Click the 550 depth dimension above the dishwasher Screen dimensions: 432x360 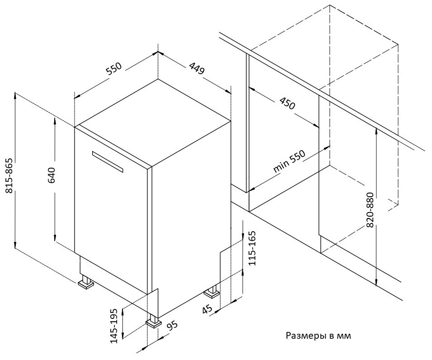[114, 69]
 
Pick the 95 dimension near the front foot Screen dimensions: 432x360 [171, 327]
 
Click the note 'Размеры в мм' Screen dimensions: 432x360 [318, 336]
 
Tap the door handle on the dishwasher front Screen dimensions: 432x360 [107, 161]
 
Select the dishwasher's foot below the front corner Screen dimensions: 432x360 [153, 321]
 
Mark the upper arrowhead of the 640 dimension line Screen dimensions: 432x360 [55, 119]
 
